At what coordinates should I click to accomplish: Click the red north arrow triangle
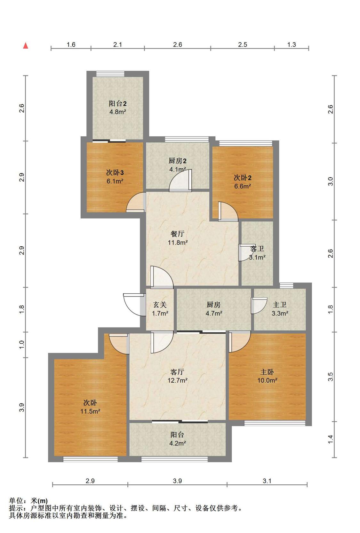tap(26, 45)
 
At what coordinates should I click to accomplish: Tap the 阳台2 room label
tap(117, 104)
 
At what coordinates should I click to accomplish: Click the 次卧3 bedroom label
tap(115, 172)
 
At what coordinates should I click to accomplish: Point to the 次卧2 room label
tap(243, 178)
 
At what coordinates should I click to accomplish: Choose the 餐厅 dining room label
tap(178, 234)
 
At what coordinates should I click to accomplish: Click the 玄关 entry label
tap(160, 305)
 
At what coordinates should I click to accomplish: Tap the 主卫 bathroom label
tap(280, 305)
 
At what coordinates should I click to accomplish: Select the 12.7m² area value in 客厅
tap(178, 380)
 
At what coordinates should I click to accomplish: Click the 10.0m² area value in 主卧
tap(267, 380)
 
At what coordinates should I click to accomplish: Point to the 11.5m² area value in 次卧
tap(90, 411)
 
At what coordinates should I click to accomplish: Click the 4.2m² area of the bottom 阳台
tap(178, 443)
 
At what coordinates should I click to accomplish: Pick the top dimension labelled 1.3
tap(292, 44)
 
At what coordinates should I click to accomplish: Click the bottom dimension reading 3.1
tap(267, 481)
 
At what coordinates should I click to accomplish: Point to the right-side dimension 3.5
tap(331, 377)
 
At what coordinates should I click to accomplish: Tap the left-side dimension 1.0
tap(22, 345)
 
